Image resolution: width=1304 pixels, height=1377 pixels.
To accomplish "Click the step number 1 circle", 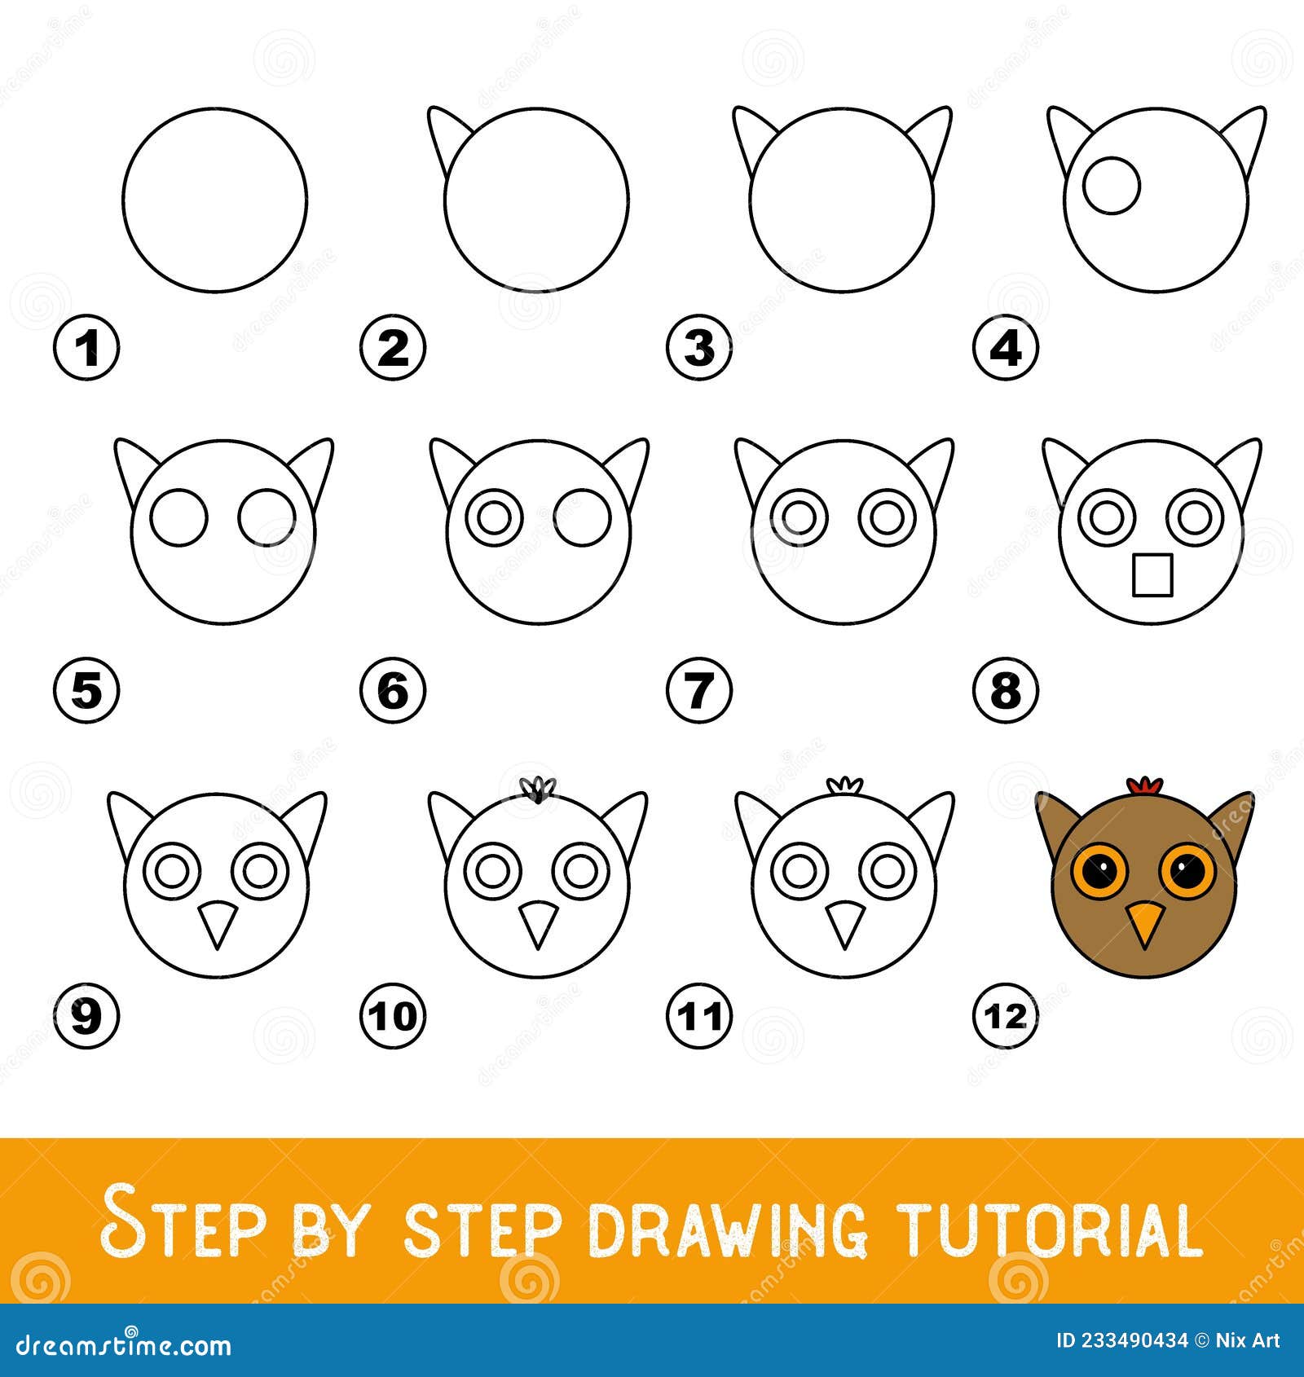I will tap(86, 350).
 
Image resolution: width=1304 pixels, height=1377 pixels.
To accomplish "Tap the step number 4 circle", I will tap(1005, 350).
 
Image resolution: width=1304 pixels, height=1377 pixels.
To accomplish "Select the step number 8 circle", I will tap(1005, 692).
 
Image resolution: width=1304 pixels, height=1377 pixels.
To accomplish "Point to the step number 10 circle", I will tap(393, 1016).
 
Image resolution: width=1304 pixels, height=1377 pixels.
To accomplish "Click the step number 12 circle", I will tap(1005, 1016).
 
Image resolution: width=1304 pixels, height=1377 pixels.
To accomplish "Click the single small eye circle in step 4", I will tap(1112, 187).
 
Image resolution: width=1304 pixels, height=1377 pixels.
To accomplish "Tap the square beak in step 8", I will tap(1152, 574).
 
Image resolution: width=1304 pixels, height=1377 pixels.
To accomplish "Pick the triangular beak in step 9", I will tap(216, 922).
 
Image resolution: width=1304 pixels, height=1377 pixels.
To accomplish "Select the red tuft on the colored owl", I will tap(1144, 785).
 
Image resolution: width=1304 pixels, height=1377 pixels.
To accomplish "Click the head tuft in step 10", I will tap(537, 790).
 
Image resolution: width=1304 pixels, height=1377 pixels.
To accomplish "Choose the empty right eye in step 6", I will tap(582, 517).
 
